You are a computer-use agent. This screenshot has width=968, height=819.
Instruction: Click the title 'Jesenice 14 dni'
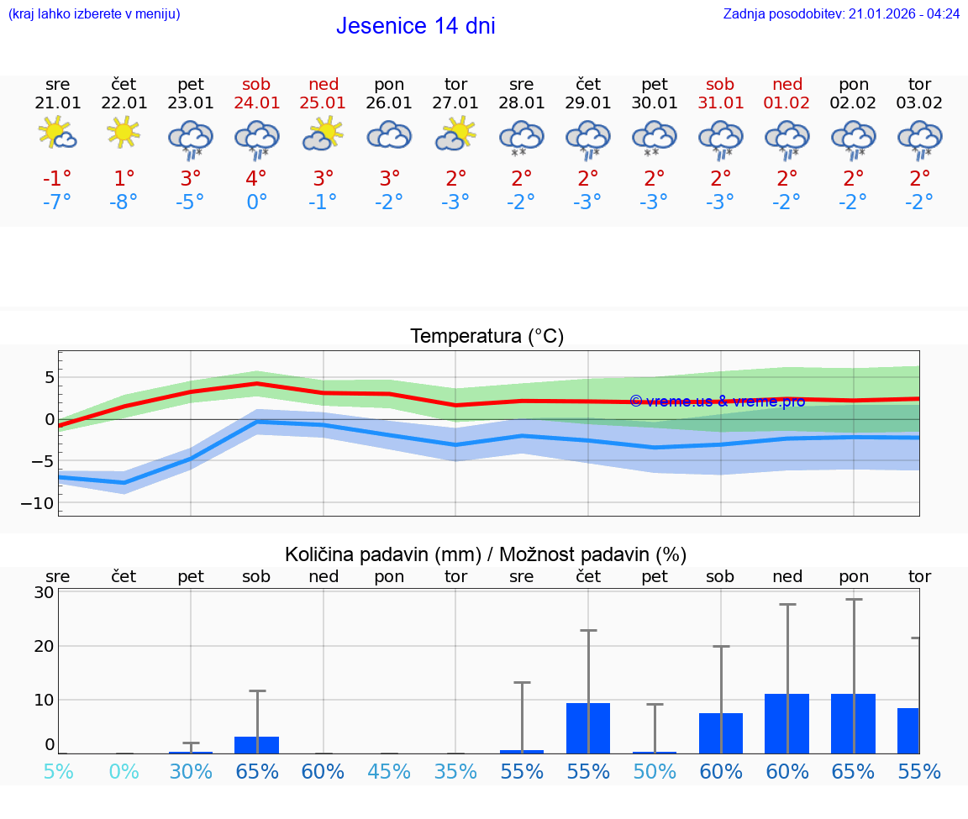tap(415, 26)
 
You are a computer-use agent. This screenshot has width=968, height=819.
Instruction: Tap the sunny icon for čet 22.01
tap(124, 132)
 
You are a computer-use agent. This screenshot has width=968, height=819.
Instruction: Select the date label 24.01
tap(256, 103)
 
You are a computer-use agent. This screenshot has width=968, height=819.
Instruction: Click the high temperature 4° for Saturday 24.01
tap(256, 178)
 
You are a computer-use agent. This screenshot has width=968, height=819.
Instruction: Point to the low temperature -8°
tap(124, 202)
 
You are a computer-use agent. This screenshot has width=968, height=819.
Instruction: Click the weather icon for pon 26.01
tap(389, 135)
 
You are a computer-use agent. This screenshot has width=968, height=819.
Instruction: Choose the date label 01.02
tap(787, 103)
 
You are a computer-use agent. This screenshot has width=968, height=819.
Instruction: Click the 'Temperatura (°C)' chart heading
tap(487, 336)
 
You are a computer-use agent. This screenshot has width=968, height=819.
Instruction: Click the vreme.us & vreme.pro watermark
tap(717, 402)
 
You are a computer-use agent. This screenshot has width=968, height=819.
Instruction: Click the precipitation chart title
tap(486, 554)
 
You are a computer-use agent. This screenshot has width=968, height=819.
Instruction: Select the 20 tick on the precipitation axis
tap(45, 646)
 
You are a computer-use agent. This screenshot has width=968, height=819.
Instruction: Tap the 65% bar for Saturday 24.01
tap(256, 744)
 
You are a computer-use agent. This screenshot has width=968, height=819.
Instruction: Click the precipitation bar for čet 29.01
tap(588, 727)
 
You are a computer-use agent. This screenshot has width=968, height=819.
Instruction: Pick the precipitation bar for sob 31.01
tap(721, 732)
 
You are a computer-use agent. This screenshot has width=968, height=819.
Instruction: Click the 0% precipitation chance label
tap(124, 771)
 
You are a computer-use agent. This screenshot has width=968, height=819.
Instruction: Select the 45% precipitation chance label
tap(389, 771)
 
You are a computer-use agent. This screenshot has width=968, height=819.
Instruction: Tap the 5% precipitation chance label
tap(58, 771)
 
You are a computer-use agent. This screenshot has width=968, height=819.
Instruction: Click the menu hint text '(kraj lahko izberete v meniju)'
tap(94, 13)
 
